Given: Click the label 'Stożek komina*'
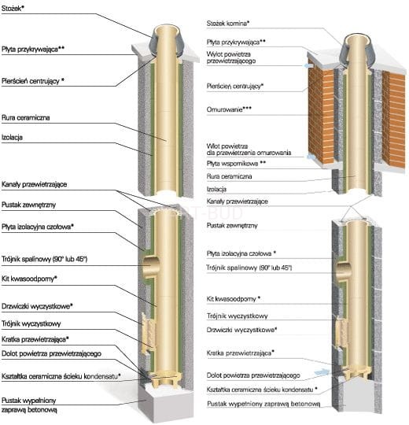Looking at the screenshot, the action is click(228, 24).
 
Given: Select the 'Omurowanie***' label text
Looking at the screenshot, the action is click(229, 109).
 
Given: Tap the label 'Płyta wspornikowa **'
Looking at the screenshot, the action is click(236, 164).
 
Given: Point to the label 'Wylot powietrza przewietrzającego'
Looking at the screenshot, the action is click(230, 57).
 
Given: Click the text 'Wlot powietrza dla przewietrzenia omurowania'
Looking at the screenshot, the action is click(249, 150).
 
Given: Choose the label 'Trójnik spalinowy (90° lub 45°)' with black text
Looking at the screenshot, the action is click(44, 259).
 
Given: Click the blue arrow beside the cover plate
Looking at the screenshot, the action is click(308, 66).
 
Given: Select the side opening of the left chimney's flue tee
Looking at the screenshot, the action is click(150, 267).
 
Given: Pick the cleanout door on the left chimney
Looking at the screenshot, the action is click(149, 333).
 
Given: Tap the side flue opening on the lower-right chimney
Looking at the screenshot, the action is click(343, 272).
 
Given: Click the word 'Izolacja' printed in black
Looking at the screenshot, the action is click(12, 138).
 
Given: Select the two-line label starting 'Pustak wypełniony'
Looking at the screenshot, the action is click(29, 405).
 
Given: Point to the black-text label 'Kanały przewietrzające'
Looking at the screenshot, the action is click(34, 185).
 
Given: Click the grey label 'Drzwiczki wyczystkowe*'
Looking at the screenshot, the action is click(241, 330).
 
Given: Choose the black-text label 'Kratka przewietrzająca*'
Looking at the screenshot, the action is click(35, 339).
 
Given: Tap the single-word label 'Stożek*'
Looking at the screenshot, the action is click(13, 8).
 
